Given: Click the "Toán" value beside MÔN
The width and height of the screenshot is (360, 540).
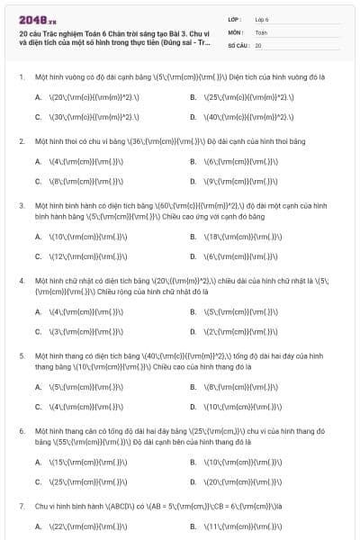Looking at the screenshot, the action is (x=261, y=31).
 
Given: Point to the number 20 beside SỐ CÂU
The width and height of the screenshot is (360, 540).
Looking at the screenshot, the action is (x=258, y=44).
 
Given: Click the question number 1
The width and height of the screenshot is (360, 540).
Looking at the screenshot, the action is (x=21, y=77).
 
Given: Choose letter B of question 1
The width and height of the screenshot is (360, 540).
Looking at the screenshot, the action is (x=193, y=96).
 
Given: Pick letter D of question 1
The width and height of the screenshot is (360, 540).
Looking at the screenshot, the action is (x=193, y=117).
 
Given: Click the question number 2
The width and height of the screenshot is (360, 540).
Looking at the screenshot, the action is (x=21, y=141).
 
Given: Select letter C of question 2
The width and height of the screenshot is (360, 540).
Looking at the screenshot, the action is (x=38, y=181).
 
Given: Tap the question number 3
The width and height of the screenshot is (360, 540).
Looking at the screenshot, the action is (x=21, y=205).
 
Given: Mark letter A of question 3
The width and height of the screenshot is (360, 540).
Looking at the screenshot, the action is (x=38, y=237).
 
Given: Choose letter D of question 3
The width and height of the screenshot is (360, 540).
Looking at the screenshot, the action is (x=193, y=256).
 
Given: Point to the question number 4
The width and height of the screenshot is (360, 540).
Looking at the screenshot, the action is (x=21, y=281).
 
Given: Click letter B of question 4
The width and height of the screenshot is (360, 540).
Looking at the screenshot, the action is (x=193, y=312).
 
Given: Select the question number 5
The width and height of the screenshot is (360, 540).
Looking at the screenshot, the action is (x=21, y=356).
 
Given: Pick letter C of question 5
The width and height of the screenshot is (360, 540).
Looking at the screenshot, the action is (x=38, y=407).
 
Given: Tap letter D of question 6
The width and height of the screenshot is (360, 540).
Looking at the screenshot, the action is (x=193, y=482).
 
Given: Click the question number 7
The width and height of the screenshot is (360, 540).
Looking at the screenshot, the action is (x=21, y=507).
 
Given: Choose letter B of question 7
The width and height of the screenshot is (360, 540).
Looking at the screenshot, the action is (x=193, y=526).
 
